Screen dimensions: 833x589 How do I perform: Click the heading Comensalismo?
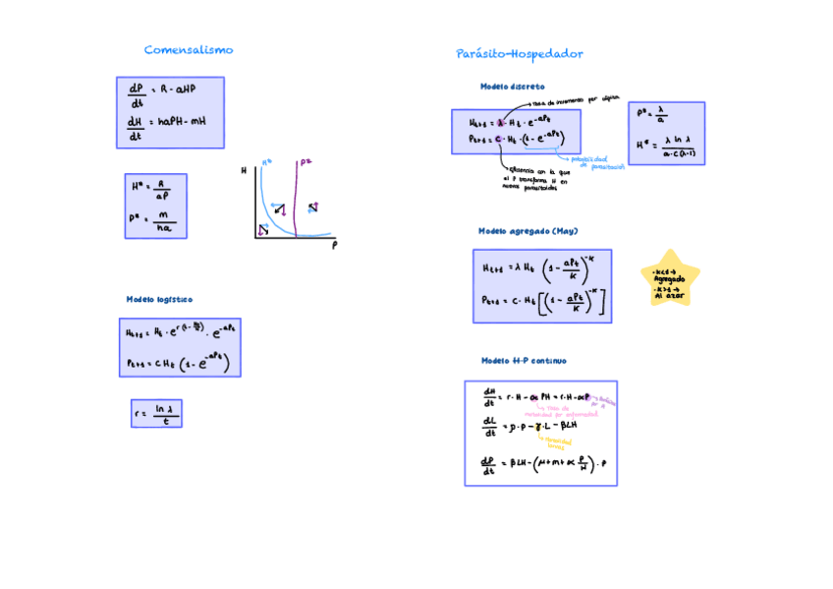(189, 50)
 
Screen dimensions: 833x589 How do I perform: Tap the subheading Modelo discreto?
(512, 87)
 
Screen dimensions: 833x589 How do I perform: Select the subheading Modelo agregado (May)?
(528, 231)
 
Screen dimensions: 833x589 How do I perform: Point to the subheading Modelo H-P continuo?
(524, 361)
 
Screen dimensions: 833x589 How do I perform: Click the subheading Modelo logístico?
(159, 299)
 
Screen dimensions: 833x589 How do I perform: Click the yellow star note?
(670, 278)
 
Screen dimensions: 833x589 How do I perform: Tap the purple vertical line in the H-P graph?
(297, 197)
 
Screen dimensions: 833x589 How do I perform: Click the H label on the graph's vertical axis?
(244, 171)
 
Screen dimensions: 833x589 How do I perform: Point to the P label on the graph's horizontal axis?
(335, 245)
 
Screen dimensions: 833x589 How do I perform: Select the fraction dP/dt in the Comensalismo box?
(136, 94)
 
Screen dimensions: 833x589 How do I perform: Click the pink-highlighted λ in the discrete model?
(501, 123)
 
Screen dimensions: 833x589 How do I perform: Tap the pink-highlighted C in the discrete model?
(500, 140)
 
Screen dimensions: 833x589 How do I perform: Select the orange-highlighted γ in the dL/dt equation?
(537, 427)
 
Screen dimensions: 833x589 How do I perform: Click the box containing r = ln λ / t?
(156, 413)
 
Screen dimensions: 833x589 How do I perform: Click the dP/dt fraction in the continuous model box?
(488, 464)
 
